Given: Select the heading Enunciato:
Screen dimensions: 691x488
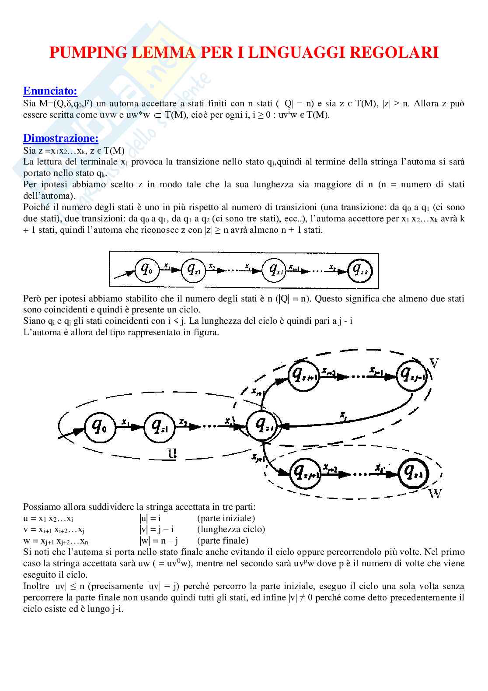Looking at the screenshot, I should tap(50, 91).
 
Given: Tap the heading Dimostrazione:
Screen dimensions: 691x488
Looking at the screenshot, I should tap(60, 138).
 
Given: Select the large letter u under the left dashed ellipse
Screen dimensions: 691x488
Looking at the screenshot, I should tap(172, 452).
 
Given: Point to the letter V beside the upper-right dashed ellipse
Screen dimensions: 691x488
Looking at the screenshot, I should tap(434, 363).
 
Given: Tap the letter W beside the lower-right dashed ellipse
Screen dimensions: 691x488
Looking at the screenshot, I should tap(435, 494).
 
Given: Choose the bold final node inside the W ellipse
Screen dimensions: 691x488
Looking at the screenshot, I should tap(413, 474).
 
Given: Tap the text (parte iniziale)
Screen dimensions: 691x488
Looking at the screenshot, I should tap(226, 518).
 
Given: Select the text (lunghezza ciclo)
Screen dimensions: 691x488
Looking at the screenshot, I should tap(231, 529).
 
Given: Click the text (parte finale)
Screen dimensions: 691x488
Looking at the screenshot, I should tap(223, 540).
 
